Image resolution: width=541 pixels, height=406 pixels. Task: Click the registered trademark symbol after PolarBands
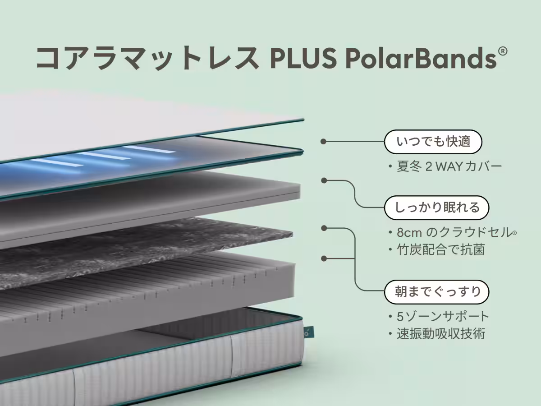(503, 51)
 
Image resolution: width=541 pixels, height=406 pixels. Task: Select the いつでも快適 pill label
(433, 142)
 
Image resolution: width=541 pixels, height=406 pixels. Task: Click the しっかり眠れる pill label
(437, 208)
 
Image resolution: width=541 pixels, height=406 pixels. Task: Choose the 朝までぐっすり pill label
(437, 292)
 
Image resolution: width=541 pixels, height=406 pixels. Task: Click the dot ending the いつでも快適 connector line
(323, 142)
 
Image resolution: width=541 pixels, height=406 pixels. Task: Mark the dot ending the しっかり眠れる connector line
(324, 181)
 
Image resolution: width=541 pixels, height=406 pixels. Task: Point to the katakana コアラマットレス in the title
(147, 58)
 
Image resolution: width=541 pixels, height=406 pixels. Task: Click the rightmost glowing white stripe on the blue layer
(151, 149)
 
